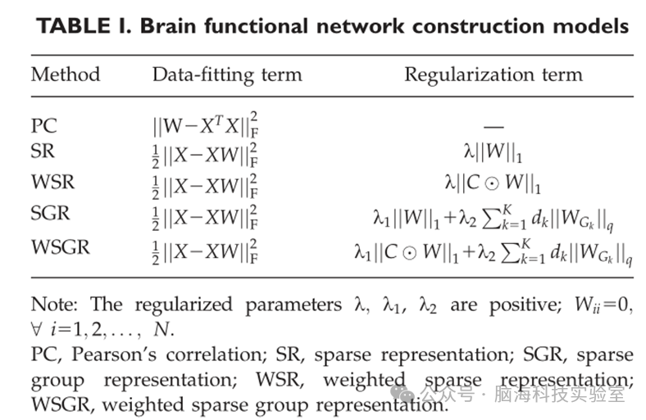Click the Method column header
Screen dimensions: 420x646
[x=66, y=75]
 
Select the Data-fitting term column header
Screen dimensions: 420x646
[x=227, y=75]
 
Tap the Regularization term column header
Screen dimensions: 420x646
[x=493, y=75]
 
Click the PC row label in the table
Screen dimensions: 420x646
[x=44, y=127]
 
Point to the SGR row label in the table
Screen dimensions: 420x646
[x=51, y=215]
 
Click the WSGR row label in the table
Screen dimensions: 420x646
[x=60, y=245]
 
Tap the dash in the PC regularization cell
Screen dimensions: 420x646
[x=494, y=127]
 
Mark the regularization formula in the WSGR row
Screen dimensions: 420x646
[x=494, y=246]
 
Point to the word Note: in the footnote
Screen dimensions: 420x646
[x=57, y=305]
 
